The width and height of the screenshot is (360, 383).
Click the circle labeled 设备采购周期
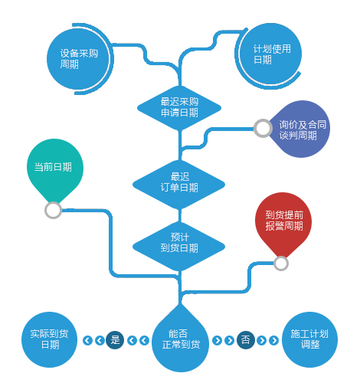click(78, 59)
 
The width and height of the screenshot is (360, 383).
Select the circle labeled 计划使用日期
click(270, 54)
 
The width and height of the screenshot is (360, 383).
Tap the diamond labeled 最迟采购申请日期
click(179, 108)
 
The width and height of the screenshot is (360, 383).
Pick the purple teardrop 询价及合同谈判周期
click(297, 129)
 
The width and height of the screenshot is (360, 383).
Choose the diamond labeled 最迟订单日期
click(178, 185)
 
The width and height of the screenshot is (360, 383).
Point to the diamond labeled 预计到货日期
click(178, 247)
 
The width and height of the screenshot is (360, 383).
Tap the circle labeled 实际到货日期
click(49, 339)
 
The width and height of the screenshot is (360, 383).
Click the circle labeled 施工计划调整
click(309, 339)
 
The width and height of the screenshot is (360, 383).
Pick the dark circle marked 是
click(115, 340)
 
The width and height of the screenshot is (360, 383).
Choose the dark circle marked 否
click(246, 340)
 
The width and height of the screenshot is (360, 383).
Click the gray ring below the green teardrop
click(53, 211)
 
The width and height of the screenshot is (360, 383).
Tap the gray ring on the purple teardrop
click(263, 128)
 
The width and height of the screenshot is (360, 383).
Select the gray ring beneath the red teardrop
click(281, 264)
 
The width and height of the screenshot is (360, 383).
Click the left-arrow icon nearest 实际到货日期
click(87, 340)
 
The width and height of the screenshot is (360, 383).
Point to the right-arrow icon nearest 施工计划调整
click(273, 340)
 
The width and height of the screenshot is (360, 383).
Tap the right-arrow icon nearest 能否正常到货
click(217, 340)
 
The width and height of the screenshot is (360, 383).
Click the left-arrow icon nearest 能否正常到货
click(145, 340)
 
